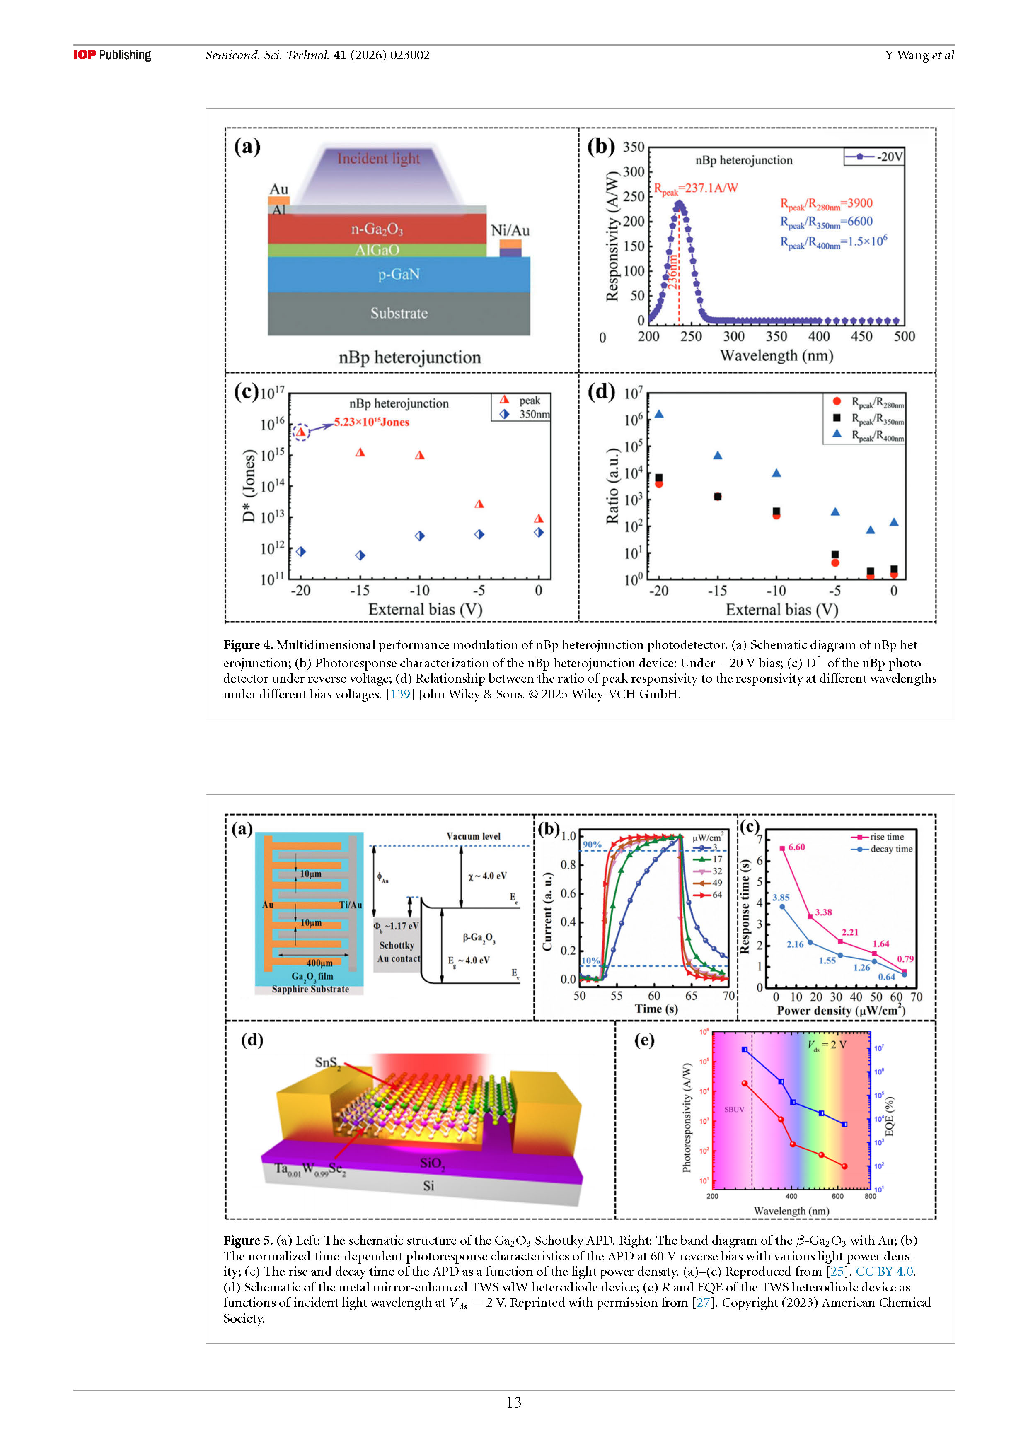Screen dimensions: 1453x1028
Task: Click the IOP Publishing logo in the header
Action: (x=112, y=55)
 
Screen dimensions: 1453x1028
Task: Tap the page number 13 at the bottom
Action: (x=513, y=1402)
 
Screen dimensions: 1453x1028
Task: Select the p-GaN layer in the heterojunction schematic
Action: (x=399, y=274)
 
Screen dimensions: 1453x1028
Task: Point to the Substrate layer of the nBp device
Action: (x=399, y=313)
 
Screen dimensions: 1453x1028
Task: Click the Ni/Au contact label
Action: (x=510, y=230)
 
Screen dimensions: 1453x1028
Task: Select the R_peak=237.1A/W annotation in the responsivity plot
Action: (x=696, y=188)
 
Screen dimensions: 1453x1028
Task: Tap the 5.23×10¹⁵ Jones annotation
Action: (x=372, y=422)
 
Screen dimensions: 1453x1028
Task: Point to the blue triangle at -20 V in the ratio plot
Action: (x=659, y=414)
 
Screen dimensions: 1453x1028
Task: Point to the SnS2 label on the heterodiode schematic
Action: (x=327, y=1062)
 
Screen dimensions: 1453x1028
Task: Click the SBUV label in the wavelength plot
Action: (x=734, y=1109)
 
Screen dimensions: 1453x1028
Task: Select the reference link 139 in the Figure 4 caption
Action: (x=400, y=694)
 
